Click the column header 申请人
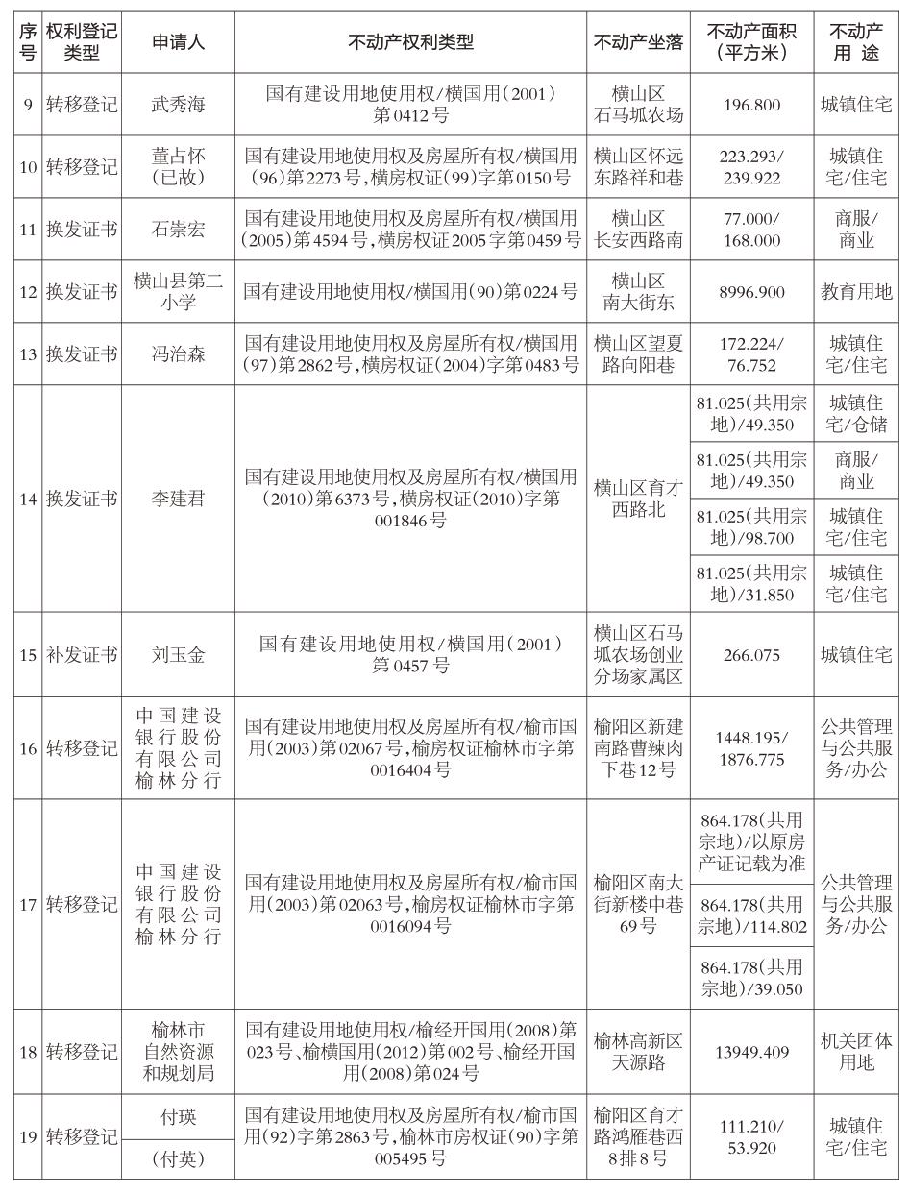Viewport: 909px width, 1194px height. [178, 41]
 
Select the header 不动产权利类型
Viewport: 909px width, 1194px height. [410, 41]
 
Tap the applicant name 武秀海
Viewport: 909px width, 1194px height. [178, 105]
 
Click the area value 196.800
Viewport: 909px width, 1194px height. [751, 105]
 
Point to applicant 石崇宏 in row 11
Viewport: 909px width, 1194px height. [178, 230]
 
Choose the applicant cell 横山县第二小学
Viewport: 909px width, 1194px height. [178, 291]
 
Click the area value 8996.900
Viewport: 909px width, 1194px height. [751, 291]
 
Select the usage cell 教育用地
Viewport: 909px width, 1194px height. [856, 291]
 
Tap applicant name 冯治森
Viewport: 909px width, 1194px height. [178, 354]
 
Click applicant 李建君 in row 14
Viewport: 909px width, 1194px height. [178, 500]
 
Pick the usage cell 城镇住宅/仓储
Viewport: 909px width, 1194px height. [856, 414]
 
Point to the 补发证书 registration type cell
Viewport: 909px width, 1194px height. [82, 656]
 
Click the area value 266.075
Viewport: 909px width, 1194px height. [751, 656]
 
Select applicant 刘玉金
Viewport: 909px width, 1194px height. [178, 656]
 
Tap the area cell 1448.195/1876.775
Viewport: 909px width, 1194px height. [751, 748]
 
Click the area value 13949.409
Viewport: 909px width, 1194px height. [751, 1052]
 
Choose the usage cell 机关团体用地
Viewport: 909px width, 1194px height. [856, 1052]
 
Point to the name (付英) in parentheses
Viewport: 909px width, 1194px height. [178, 1159]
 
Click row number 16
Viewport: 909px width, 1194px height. [28, 748]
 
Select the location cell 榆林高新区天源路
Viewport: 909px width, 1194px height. [638, 1052]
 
